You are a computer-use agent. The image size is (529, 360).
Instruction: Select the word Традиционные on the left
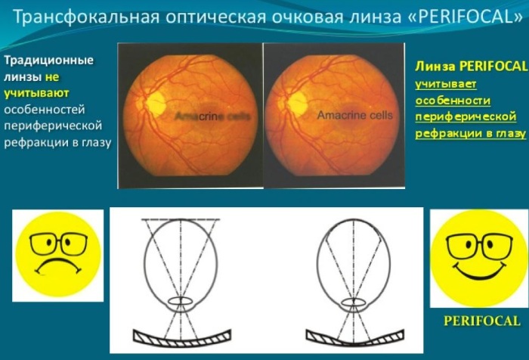[x=48, y=61]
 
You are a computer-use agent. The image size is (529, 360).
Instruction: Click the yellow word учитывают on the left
[x=36, y=93]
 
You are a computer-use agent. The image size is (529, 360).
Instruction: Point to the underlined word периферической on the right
[x=466, y=116]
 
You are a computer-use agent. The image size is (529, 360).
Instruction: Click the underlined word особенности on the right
[x=453, y=101]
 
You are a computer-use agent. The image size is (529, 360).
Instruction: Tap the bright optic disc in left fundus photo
[x=156, y=102]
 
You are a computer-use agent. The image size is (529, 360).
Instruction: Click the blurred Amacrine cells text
[x=213, y=116]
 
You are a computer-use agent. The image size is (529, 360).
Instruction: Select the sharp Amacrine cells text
[x=355, y=116]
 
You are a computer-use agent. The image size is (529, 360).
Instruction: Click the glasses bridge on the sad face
[x=58, y=240]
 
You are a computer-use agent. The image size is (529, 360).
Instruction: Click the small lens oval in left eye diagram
[x=181, y=301]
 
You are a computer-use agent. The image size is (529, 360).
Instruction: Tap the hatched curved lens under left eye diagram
[x=182, y=339]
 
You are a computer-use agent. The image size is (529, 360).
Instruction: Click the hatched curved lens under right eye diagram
[x=355, y=339]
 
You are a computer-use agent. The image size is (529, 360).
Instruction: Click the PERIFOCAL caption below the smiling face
[x=482, y=321]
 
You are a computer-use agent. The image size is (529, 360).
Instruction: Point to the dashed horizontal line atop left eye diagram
[x=181, y=219]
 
